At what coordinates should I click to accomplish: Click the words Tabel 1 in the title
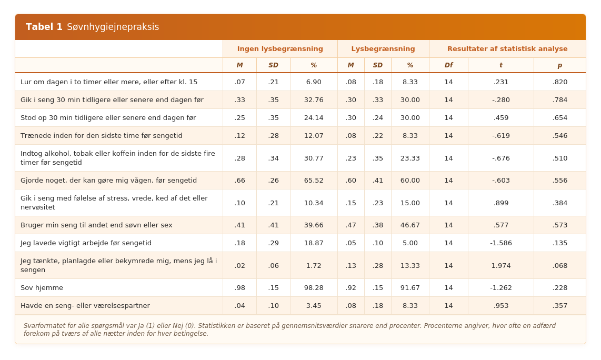pyautogui.click(x=44, y=27)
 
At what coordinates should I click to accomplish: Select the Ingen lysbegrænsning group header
pyautogui.click(x=280, y=49)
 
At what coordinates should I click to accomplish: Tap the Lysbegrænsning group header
pyautogui.click(x=383, y=49)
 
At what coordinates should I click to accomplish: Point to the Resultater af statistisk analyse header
pyautogui.click(x=507, y=49)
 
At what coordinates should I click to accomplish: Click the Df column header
pyautogui.click(x=448, y=65)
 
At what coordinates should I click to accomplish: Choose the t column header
pyautogui.click(x=500, y=65)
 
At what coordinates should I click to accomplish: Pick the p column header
pyautogui.click(x=559, y=66)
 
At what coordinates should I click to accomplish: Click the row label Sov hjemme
pyautogui.click(x=42, y=287)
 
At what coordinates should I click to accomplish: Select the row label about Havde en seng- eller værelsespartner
pyautogui.click(x=85, y=306)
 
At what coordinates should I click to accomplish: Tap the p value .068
pyautogui.click(x=559, y=265)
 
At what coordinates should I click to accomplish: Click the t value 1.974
pyautogui.click(x=500, y=265)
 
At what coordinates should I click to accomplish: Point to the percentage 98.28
pyautogui.click(x=314, y=287)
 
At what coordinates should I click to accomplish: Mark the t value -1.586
pyautogui.click(x=500, y=243)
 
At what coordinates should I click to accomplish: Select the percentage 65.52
pyautogui.click(x=314, y=180)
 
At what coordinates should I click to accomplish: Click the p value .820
pyautogui.click(x=559, y=82)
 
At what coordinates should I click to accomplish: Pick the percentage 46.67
pyautogui.click(x=410, y=225)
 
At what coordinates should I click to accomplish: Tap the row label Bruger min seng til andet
pyautogui.click(x=96, y=225)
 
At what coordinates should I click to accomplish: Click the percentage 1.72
pyautogui.click(x=314, y=265)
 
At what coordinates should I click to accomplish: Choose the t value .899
pyautogui.click(x=500, y=203)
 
